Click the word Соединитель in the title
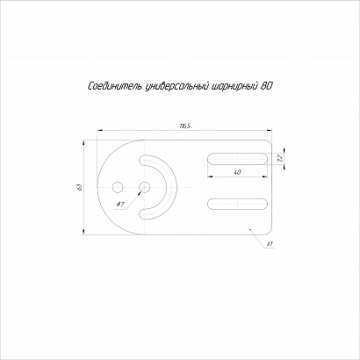click(x=115, y=86)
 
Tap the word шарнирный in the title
click(x=234, y=87)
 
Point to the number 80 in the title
click(x=266, y=86)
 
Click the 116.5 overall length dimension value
click(x=184, y=126)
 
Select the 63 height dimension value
click(x=79, y=187)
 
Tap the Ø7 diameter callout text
click(x=120, y=205)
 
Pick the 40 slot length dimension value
click(x=238, y=172)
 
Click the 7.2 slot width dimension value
click(x=280, y=158)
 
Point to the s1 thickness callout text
click(x=270, y=243)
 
